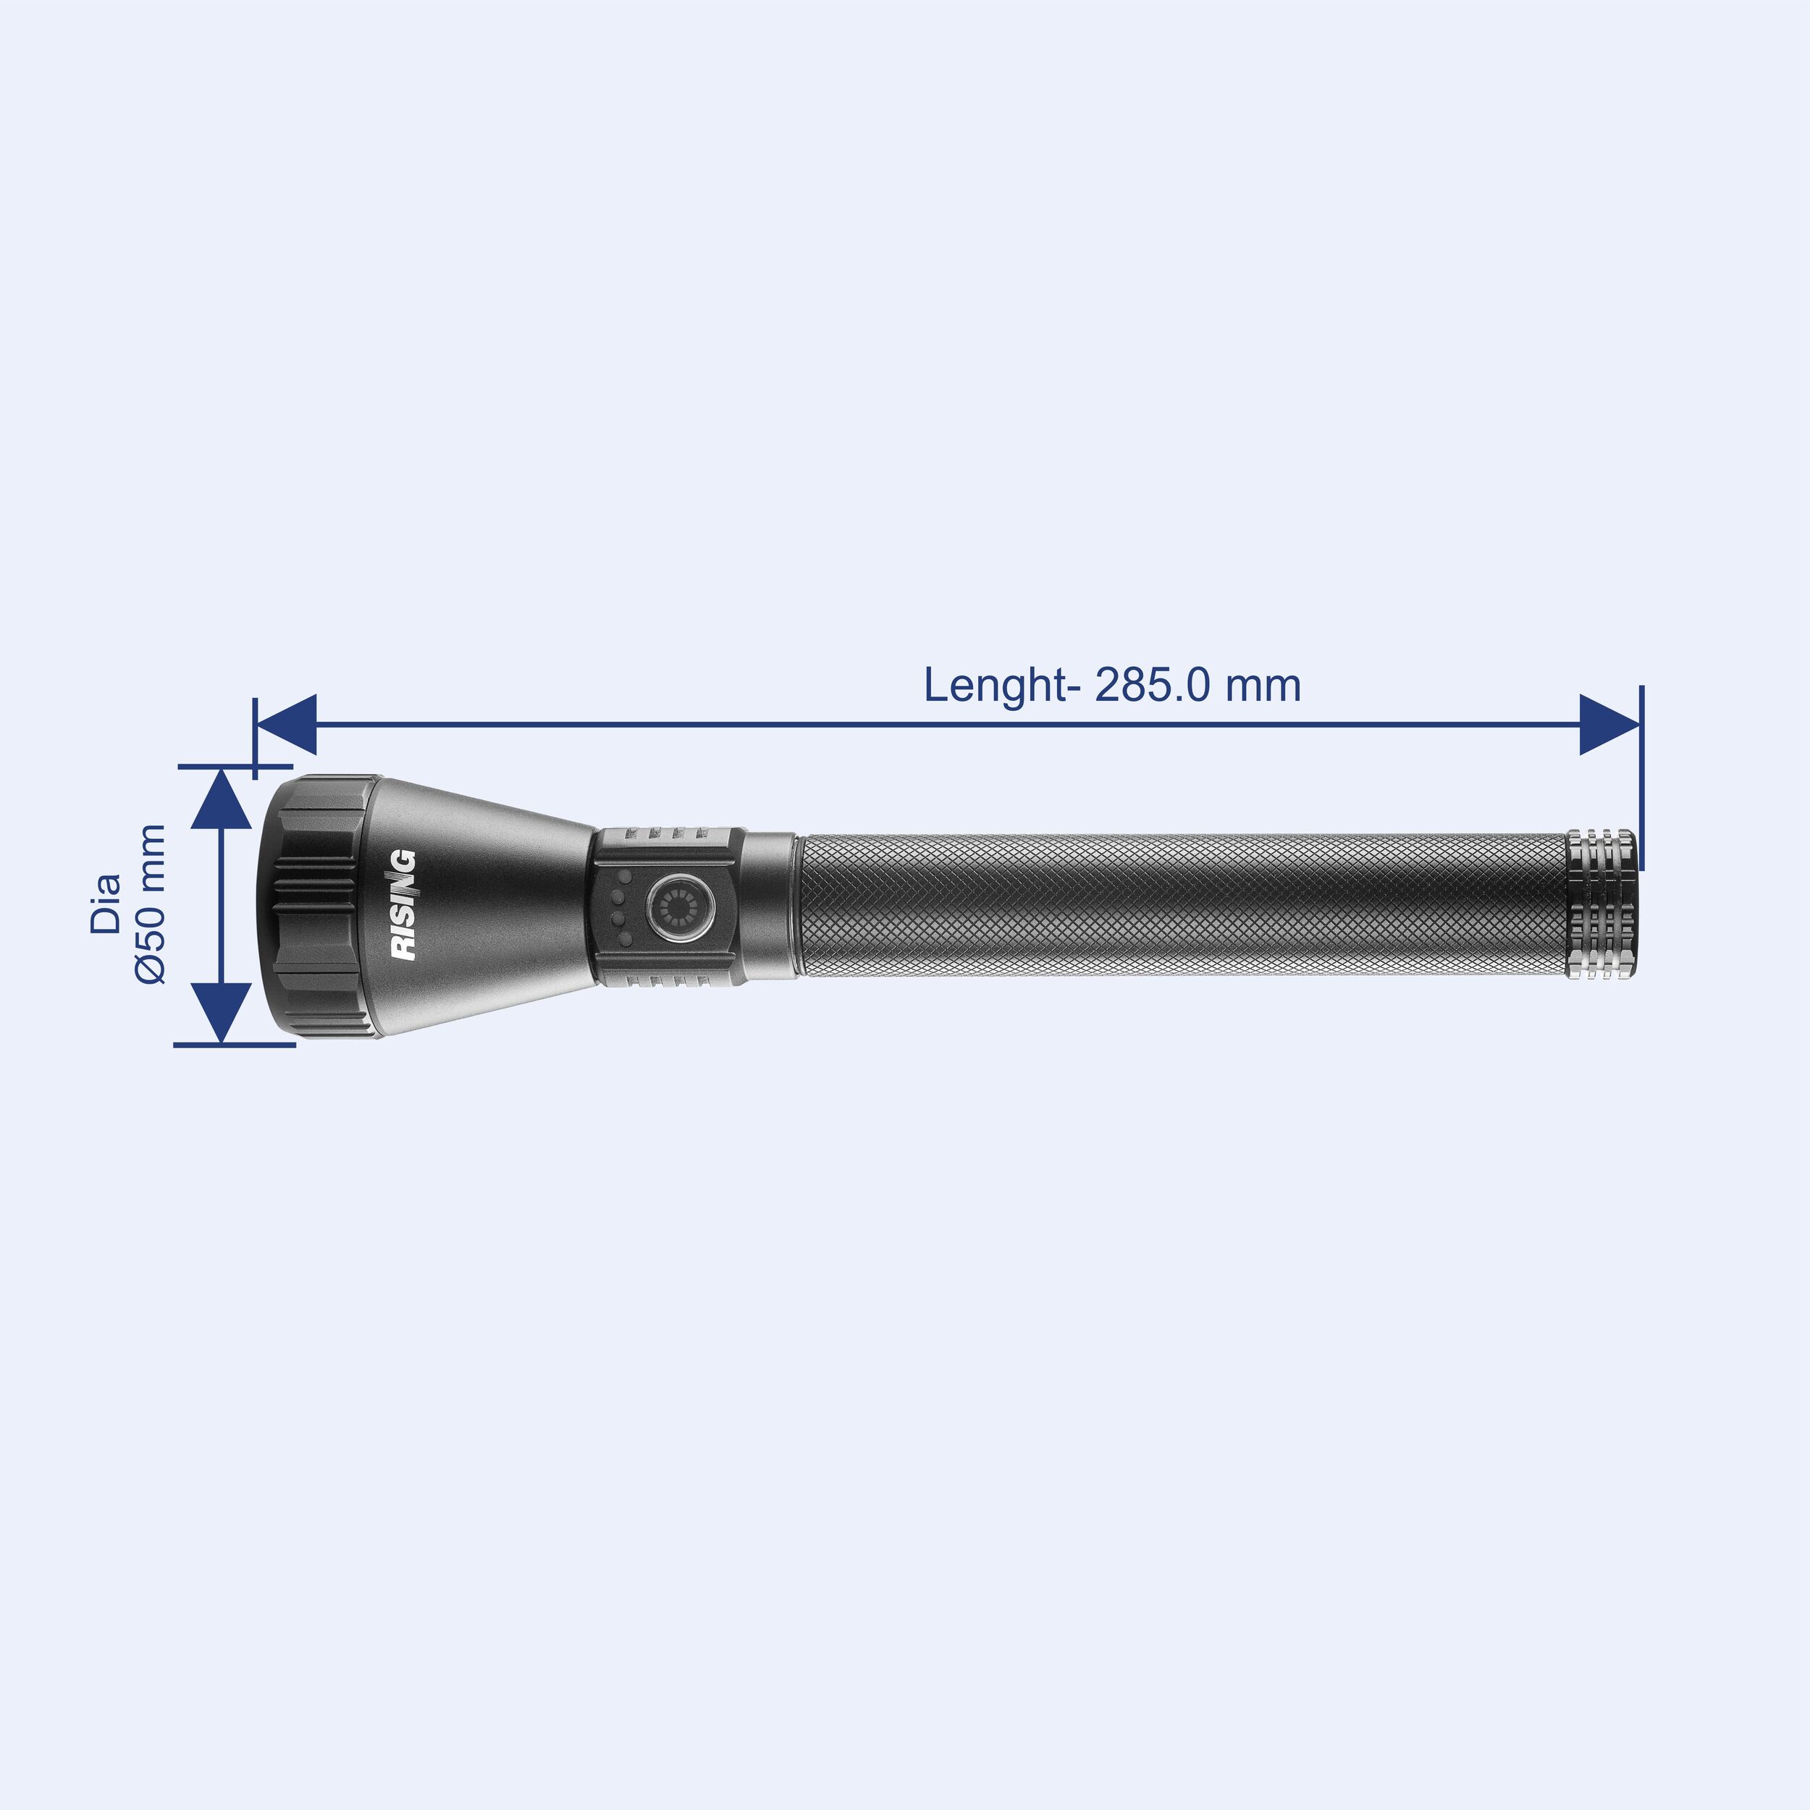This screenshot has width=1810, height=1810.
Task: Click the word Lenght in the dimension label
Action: (995, 686)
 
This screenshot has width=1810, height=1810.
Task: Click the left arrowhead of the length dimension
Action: (287, 724)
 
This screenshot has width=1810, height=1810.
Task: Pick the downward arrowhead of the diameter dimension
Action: (221, 1012)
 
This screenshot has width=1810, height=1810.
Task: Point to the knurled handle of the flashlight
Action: (1180, 904)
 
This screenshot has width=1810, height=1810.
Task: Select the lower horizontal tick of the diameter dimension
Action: (234, 1045)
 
